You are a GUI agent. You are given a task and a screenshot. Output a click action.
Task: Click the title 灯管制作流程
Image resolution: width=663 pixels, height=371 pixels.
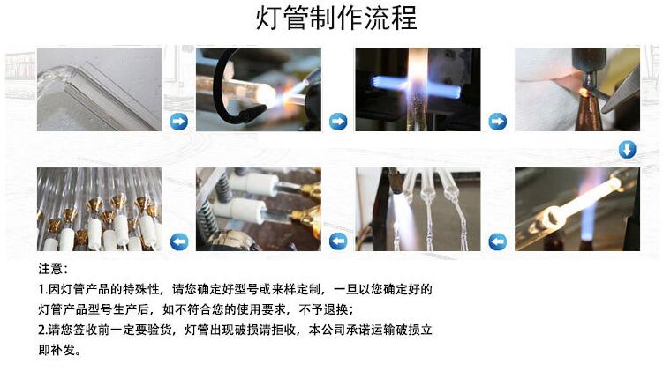point(336,19)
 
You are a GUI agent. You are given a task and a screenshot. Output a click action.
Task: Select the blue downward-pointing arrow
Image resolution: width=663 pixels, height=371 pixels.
point(627,150)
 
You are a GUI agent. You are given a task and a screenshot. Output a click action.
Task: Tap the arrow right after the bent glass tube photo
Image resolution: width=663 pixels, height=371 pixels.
point(178,122)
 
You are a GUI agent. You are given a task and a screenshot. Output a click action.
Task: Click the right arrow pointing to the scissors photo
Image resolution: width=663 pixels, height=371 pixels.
point(497,122)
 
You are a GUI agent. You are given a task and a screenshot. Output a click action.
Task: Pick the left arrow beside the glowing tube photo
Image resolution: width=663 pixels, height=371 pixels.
point(497,242)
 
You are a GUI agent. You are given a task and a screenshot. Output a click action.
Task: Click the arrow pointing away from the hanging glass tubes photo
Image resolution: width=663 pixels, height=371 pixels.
point(338,242)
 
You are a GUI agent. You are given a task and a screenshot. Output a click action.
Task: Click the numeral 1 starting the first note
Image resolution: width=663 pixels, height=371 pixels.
point(41,290)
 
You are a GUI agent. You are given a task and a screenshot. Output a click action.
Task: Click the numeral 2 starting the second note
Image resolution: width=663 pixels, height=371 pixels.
point(41,330)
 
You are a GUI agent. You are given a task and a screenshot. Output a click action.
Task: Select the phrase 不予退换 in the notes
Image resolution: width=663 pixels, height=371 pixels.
point(323,309)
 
